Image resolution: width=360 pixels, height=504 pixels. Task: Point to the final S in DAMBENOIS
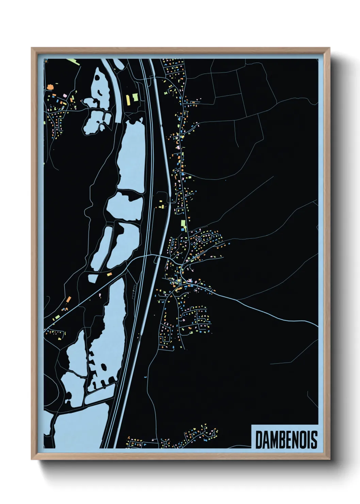point(314,440)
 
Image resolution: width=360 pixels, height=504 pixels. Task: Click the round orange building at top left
point(50,87)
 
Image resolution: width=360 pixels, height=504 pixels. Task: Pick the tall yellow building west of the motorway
point(128,100)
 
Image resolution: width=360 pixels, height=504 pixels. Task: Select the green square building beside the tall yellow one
point(135,97)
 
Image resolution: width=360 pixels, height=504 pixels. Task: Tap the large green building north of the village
point(183,224)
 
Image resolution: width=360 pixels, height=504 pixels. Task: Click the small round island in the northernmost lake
point(98,77)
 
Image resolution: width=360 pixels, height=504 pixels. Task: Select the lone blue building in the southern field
point(145,377)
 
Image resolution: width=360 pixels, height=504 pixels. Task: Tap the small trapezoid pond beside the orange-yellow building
point(93,279)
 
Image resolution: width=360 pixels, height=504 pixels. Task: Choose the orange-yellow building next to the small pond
point(109,274)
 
